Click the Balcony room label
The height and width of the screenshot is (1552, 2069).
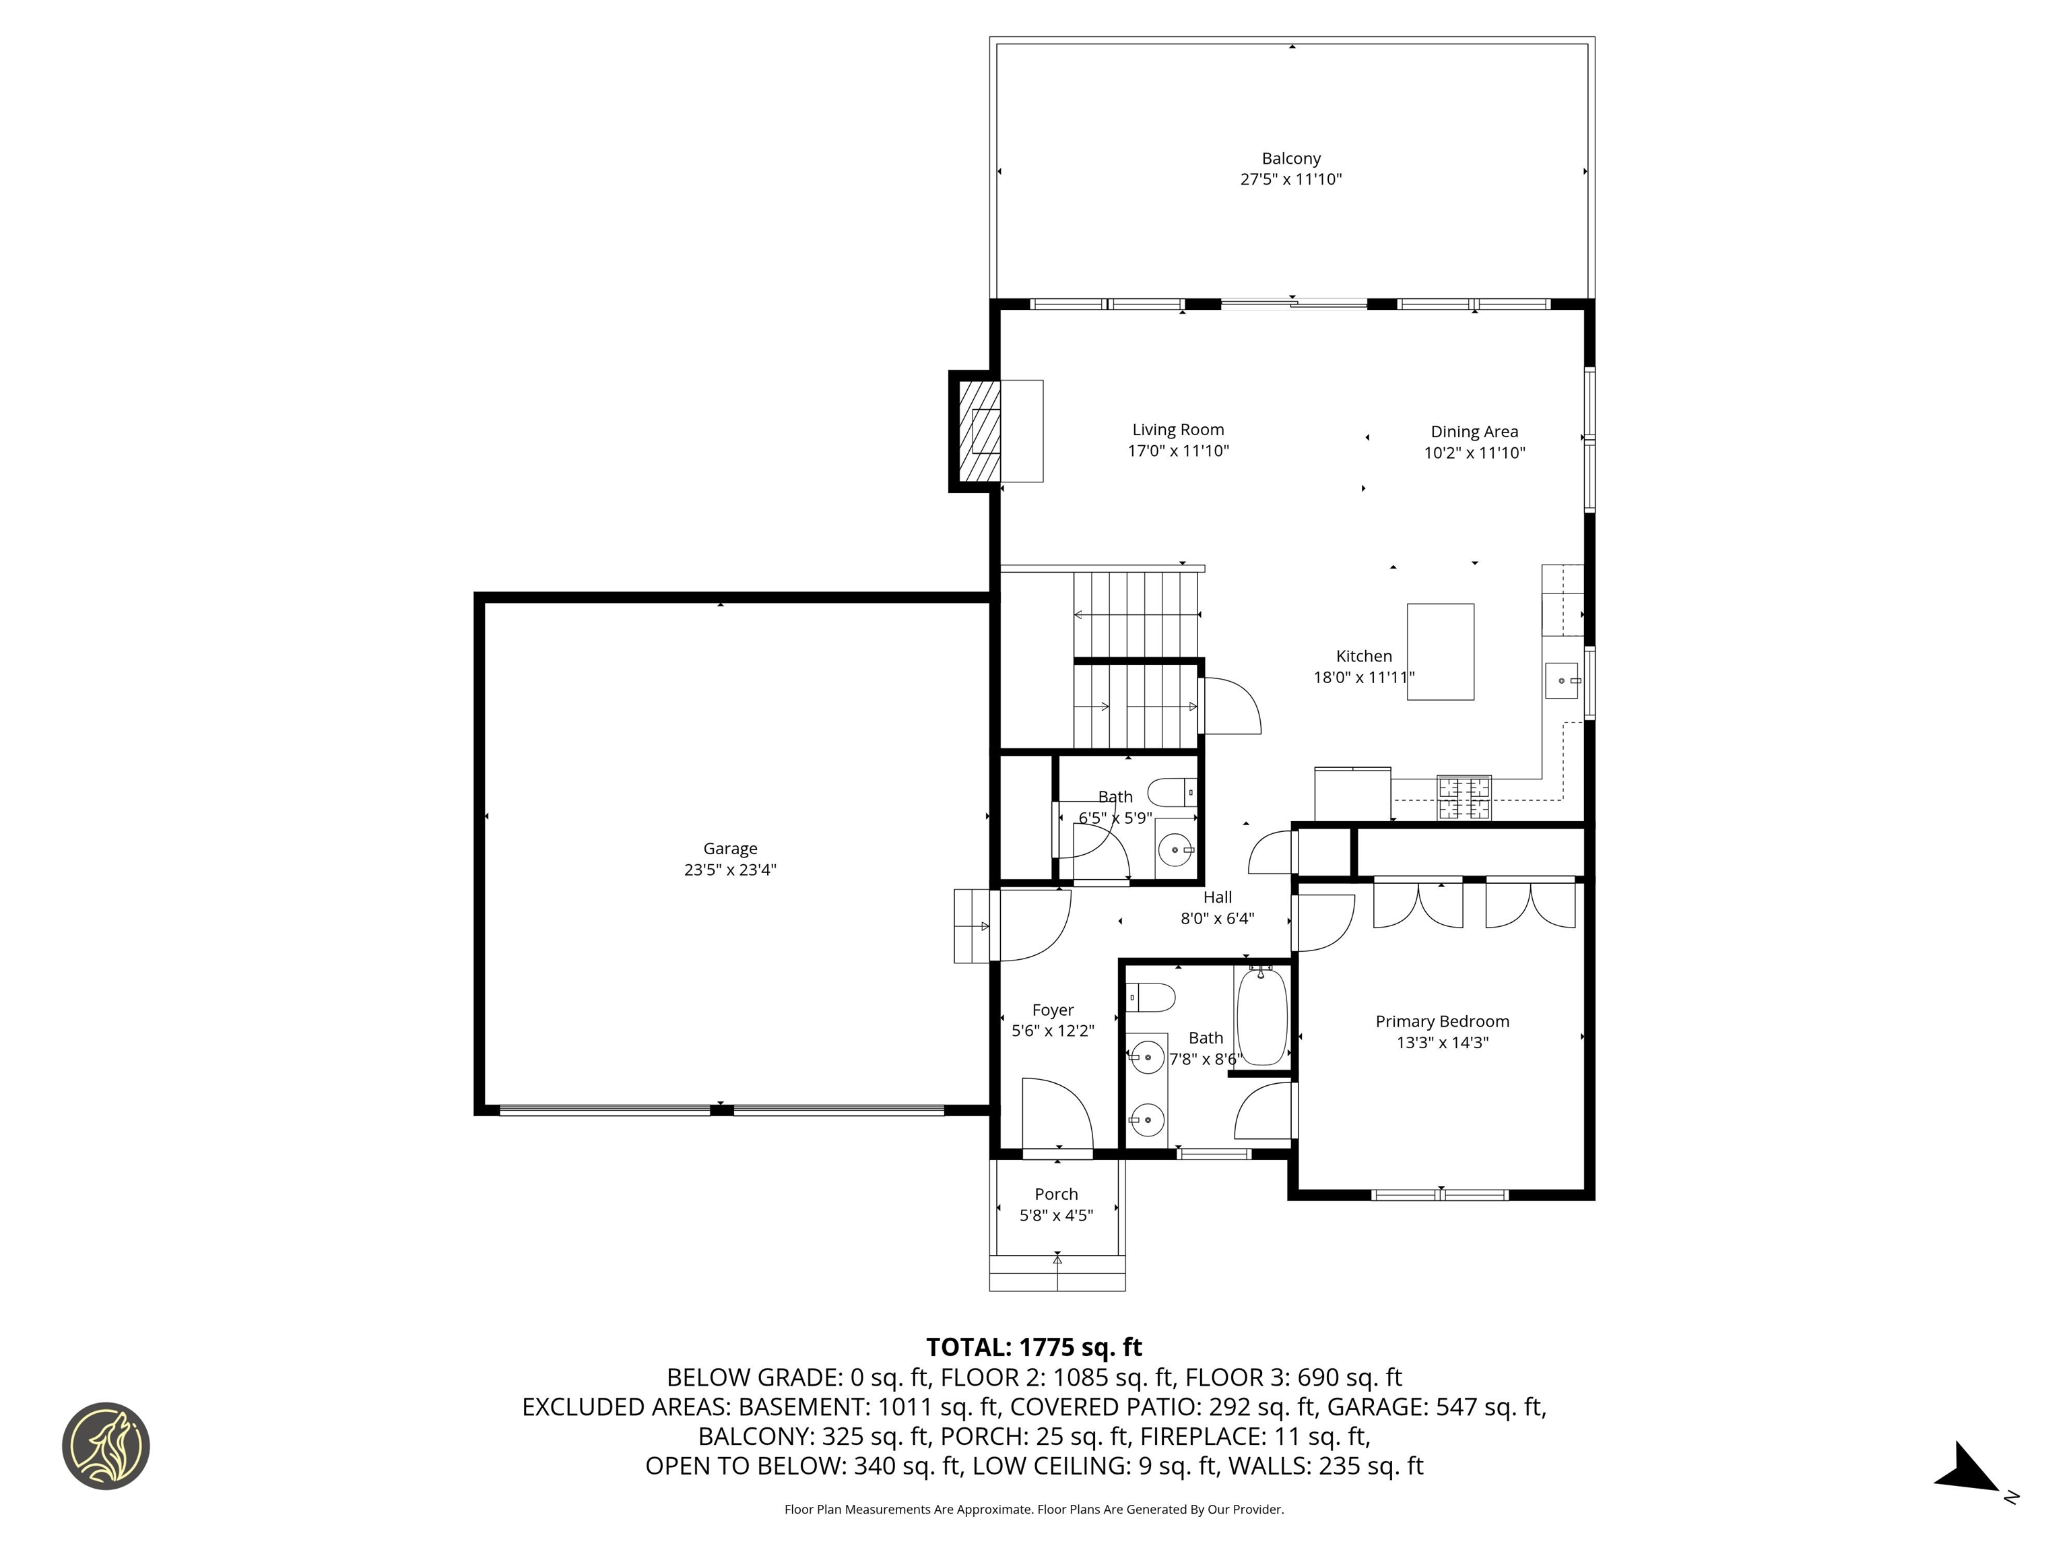(x=1291, y=159)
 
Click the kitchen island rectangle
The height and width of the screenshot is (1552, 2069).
(x=1441, y=651)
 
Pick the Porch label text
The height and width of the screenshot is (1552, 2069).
(x=1056, y=1194)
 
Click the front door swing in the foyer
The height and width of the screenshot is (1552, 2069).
(x=1057, y=1113)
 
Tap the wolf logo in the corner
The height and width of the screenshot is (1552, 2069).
(x=106, y=1446)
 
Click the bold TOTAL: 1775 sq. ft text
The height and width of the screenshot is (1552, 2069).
(x=1034, y=1347)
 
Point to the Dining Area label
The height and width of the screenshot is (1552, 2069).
(x=1474, y=431)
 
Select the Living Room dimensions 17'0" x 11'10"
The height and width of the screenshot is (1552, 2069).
(x=1177, y=451)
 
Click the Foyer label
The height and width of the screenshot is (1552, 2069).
(x=1052, y=1010)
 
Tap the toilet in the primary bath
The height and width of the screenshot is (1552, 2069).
(x=1150, y=997)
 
